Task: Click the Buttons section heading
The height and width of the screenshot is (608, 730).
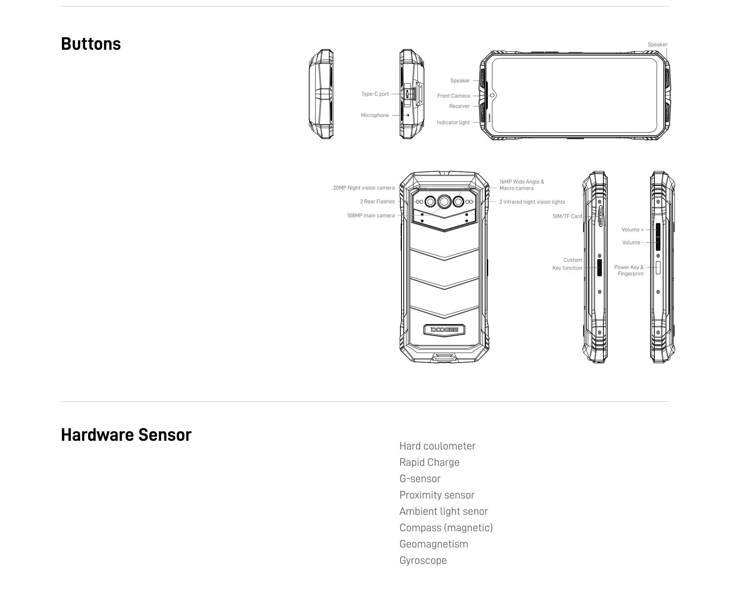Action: tap(91, 44)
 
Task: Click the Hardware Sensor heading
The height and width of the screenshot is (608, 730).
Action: tap(126, 435)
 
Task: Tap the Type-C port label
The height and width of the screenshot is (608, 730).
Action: tap(375, 94)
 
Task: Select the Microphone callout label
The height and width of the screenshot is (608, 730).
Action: tap(375, 115)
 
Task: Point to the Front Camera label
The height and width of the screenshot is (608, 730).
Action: tap(454, 96)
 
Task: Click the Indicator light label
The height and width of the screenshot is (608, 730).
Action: tap(453, 122)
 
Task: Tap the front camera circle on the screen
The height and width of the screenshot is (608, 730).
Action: tap(492, 95)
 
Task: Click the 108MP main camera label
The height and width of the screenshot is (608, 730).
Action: tap(371, 215)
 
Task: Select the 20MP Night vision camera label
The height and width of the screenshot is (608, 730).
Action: tap(364, 188)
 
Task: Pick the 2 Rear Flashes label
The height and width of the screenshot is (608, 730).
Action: tap(377, 201)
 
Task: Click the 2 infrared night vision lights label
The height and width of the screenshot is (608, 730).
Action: tap(532, 202)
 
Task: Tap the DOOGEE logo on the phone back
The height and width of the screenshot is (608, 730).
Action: tap(444, 330)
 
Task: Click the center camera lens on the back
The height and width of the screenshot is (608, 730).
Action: tap(444, 202)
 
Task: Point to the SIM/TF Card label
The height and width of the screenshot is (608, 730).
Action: tap(567, 216)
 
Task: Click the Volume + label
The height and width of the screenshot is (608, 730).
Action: tap(633, 230)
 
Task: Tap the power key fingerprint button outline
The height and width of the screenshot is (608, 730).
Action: tap(658, 268)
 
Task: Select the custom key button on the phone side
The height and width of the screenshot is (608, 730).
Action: tap(600, 268)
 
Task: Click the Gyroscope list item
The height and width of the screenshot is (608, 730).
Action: tap(423, 560)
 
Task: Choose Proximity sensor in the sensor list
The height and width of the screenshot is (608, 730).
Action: tap(437, 495)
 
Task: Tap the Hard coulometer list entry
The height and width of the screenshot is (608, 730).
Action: tap(437, 446)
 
